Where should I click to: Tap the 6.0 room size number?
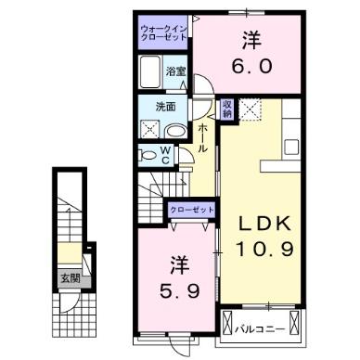coord(251,67)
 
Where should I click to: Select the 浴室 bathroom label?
coord(174,69)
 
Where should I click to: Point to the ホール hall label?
coord(201,139)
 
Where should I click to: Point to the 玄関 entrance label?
coord(70,276)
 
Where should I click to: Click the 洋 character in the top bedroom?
coord(251,41)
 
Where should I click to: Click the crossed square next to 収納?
coord(250,109)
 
